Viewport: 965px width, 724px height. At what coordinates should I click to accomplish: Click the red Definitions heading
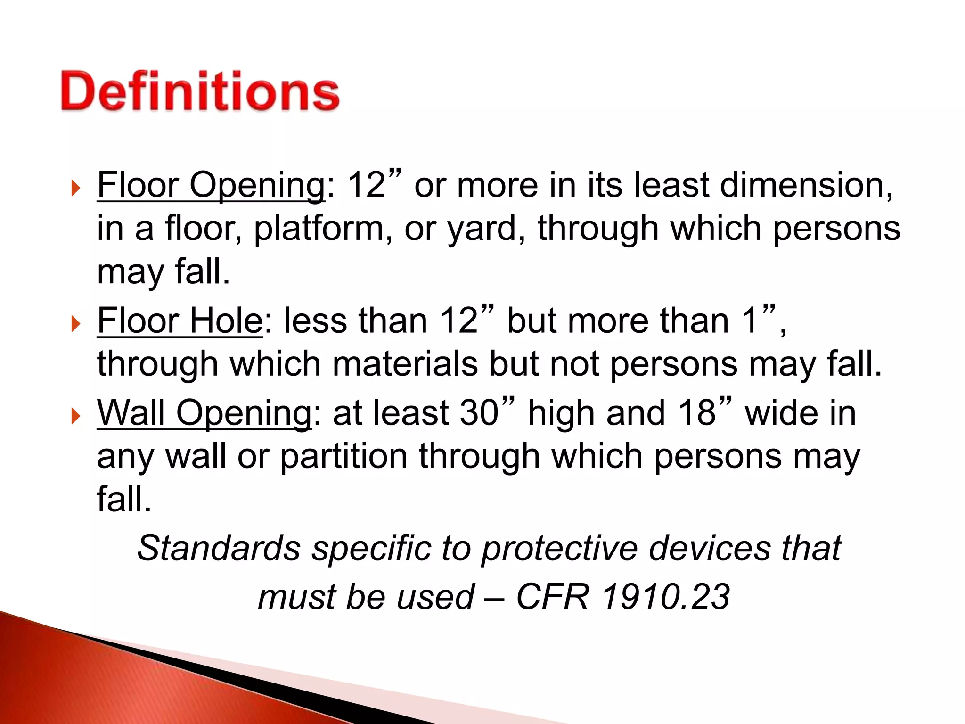[200, 91]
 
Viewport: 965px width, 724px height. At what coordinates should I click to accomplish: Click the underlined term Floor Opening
[211, 185]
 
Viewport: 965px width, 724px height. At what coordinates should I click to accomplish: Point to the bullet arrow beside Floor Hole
[75, 324]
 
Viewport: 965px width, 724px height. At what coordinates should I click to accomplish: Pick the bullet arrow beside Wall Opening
[75, 416]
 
